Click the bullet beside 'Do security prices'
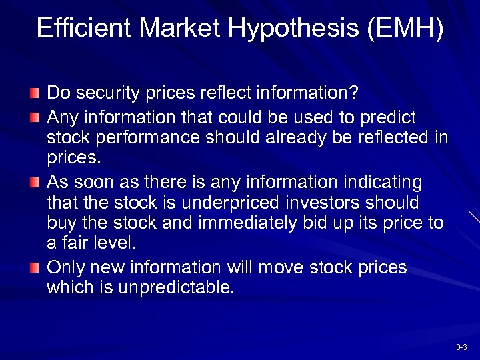35,91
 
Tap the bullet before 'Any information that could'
35,118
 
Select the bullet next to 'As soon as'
35,182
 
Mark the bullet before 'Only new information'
35,267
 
